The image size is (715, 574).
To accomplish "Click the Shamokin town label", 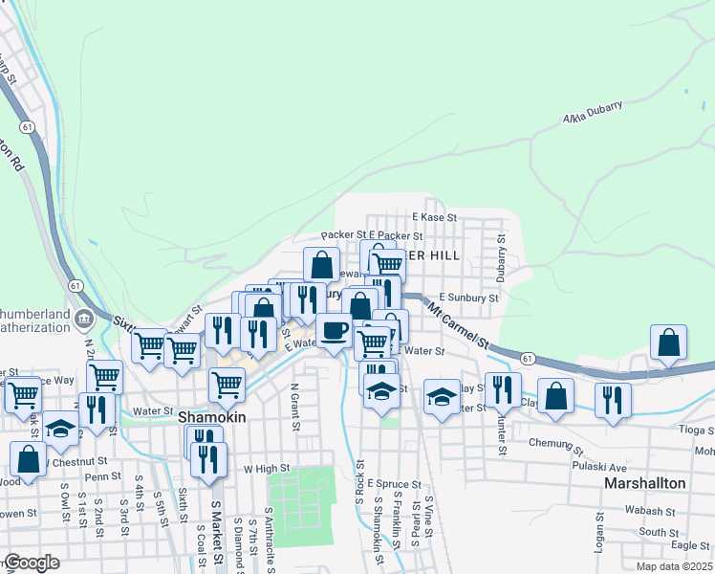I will (x=212, y=418).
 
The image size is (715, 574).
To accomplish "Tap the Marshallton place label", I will (x=645, y=483).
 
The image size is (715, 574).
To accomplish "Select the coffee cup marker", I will (x=334, y=331).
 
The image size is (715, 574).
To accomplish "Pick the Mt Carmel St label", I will (x=458, y=325).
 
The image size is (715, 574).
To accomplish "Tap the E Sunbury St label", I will (x=468, y=298).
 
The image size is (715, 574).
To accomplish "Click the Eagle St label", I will (x=688, y=545).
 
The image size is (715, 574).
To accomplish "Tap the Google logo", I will (x=31, y=563).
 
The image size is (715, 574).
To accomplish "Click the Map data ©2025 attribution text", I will (x=673, y=566).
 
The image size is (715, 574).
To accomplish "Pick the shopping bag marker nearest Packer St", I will (x=322, y=264).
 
